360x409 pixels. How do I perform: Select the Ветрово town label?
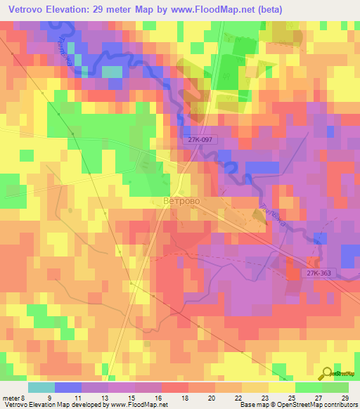tap(181, 201)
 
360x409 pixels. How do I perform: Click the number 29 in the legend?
tap(345, 396)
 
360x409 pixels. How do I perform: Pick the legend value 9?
tap(49, 396)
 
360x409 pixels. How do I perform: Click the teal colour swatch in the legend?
tap(41, 387)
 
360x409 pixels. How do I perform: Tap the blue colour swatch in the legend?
tap(67, 387)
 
